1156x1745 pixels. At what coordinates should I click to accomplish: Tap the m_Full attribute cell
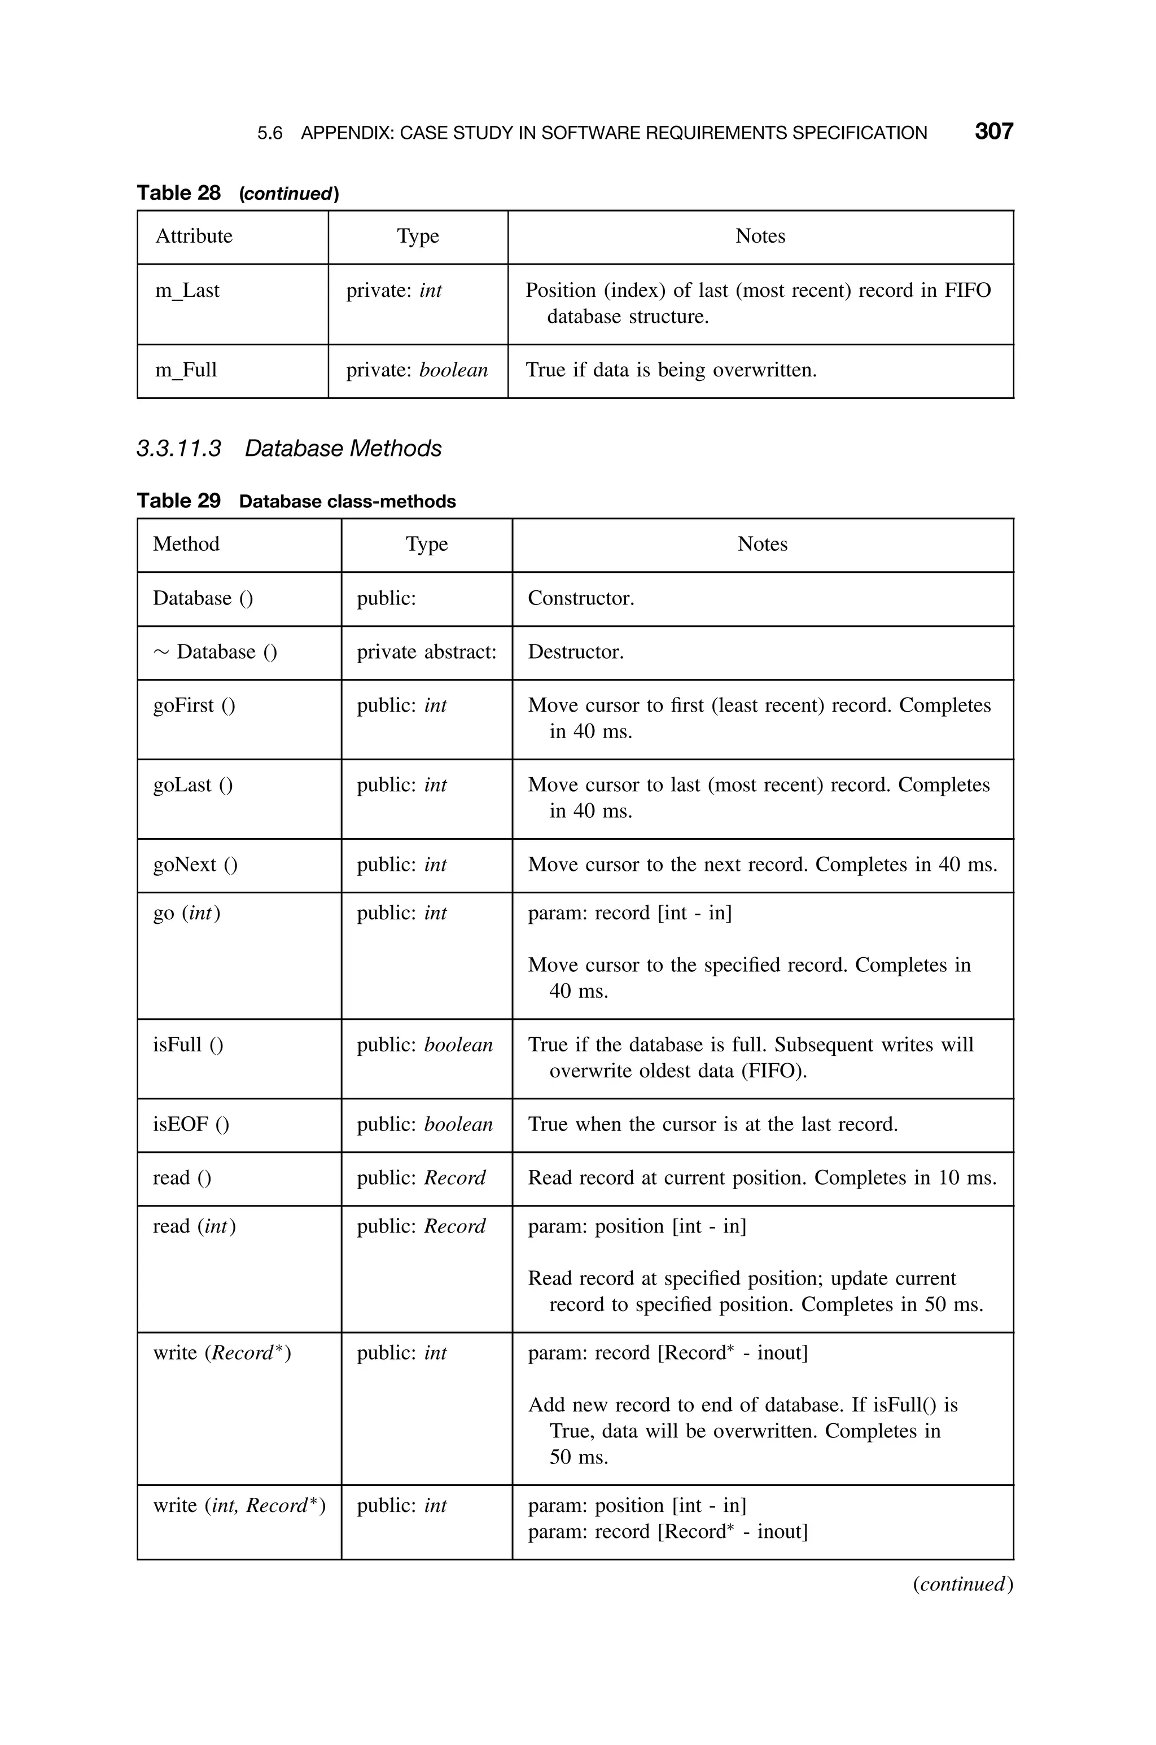coord(186,370)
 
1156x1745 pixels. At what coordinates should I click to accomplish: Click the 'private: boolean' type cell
coord(417,370)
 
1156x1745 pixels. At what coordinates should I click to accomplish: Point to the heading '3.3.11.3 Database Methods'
coord(289,448)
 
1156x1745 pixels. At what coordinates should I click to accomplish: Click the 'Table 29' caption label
coord(178,501)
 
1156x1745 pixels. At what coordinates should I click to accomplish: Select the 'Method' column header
coord(186,544)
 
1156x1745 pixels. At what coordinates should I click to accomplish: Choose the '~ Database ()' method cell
coord(215,652)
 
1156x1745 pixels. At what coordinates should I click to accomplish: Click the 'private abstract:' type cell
coord(426,652)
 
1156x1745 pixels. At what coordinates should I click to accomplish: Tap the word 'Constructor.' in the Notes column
coord(581,598)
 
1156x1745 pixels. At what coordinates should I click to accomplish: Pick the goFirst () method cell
coord(194,706)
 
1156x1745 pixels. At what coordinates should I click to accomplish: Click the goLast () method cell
coord(192,786)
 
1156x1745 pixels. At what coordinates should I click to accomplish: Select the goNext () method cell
coord(195,865)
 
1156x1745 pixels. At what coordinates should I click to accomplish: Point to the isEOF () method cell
coord(191,1125)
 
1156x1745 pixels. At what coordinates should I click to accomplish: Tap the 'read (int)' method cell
coord(194,1226)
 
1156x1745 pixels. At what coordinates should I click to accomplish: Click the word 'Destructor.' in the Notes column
coord(576,652)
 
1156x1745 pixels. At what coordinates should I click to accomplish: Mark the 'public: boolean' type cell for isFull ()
coord(424,1045)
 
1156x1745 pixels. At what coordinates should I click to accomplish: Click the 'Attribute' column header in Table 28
coord(194,236)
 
